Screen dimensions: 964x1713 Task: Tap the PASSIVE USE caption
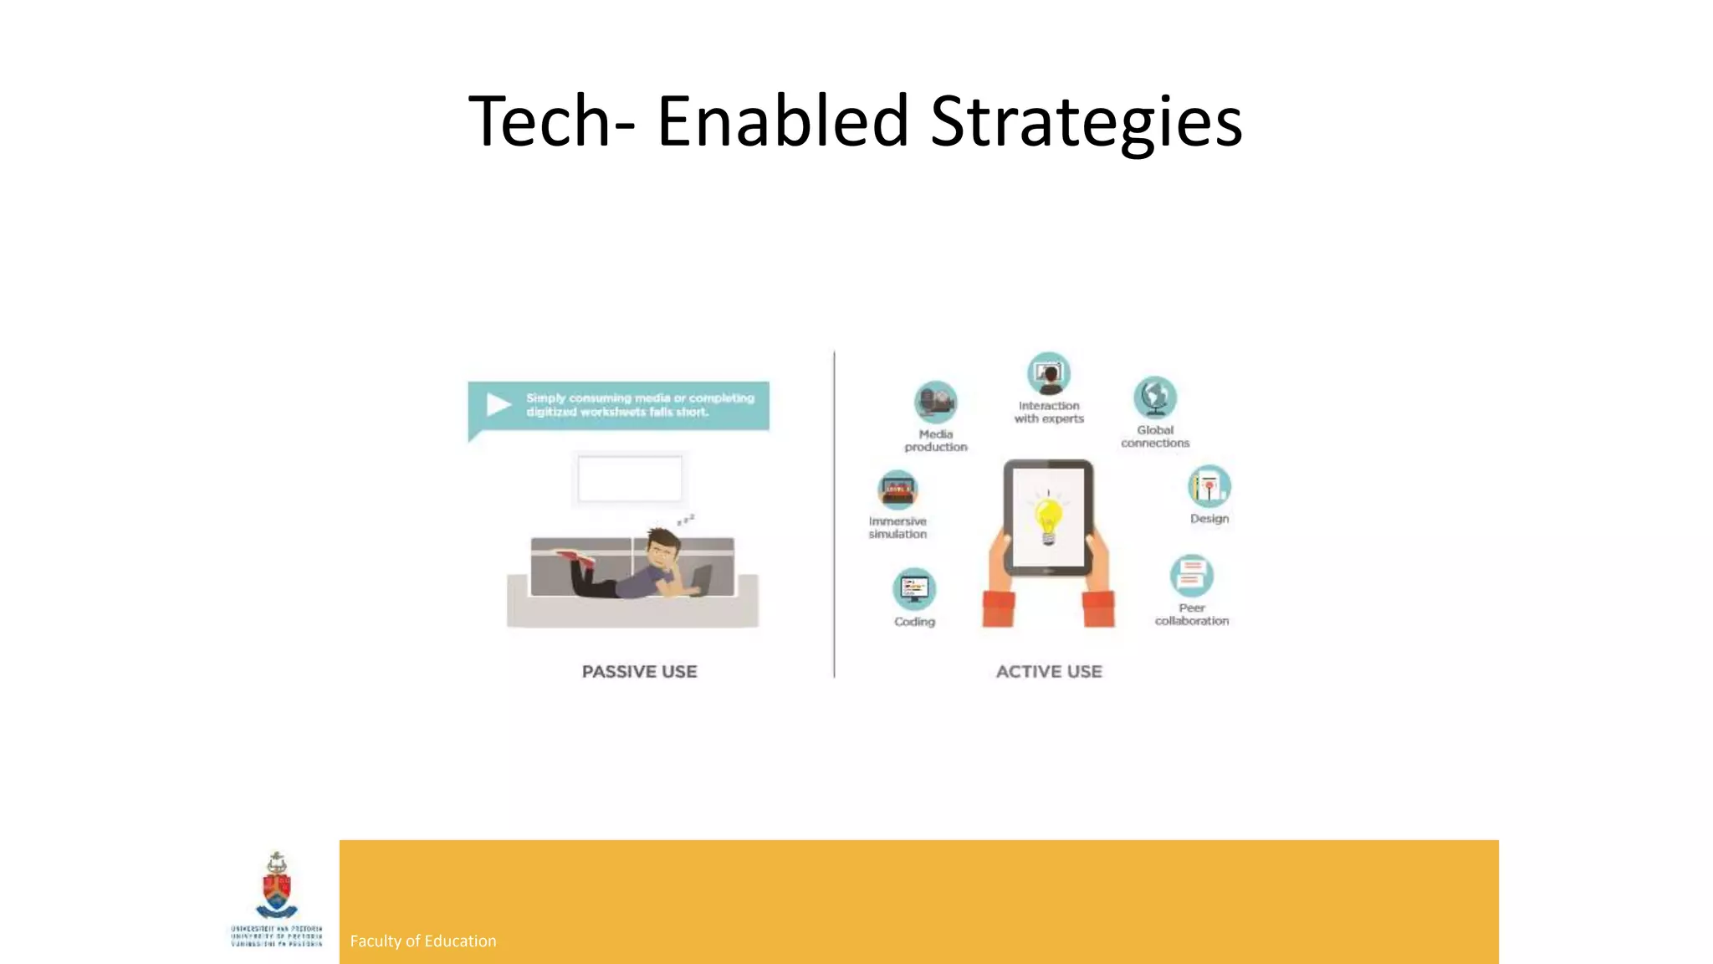tap(639, 671)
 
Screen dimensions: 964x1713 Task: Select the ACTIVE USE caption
tap(1049, 671)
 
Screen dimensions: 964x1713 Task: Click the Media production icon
tap(935, 403)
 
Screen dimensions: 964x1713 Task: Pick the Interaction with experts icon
tap(1049, 373)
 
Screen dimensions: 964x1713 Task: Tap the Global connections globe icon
tap(1155, 397)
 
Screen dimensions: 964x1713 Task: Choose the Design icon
tap(1209, 486)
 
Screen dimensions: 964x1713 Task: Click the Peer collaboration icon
tap(1191, 576)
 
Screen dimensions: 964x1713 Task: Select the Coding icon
tap(914, 589)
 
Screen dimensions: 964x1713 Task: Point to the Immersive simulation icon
tap(897, 490)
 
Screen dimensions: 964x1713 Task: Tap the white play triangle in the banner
tap(499, 404)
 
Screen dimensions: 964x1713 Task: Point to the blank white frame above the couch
tap(630, 479)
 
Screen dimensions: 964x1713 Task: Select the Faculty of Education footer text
tap(422, 941)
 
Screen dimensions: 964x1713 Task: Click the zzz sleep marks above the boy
tap(686, 520)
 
